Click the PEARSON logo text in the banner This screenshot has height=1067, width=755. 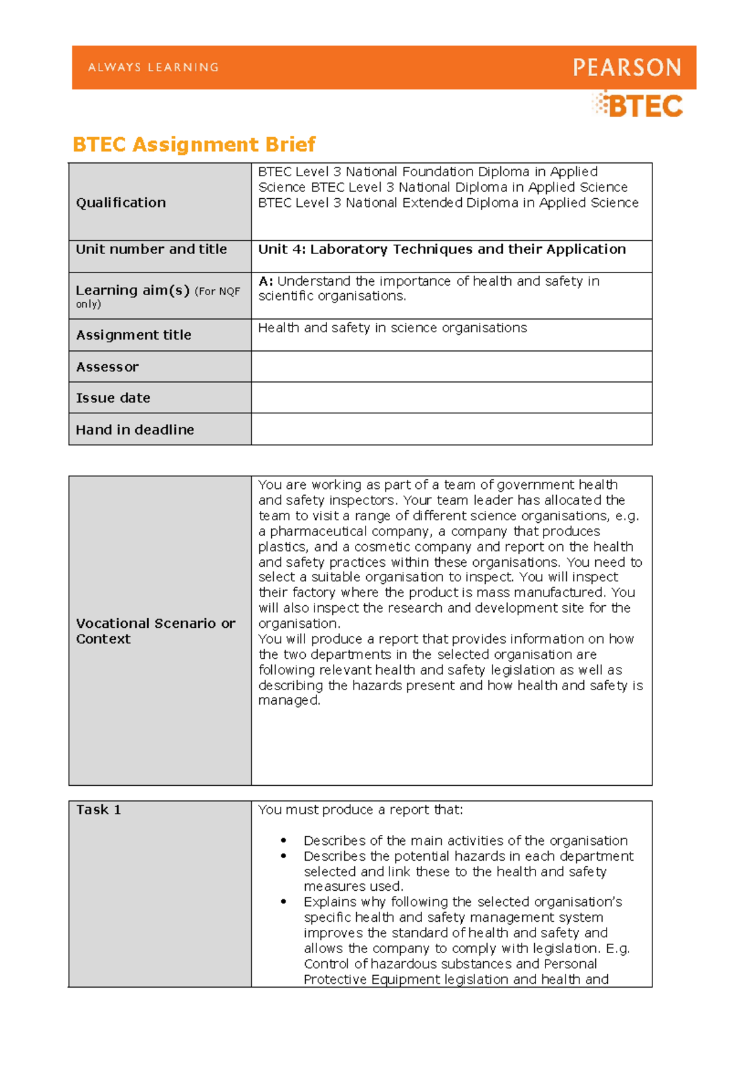[627, 67]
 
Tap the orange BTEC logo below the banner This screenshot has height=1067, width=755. [638, 105]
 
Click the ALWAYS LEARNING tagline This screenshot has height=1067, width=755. [154, 67]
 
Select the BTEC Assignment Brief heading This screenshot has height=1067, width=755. [194, 145]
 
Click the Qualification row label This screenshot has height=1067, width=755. [121, 203]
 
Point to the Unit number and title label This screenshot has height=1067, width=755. [151, 249]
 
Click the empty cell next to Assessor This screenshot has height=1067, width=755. [451, 367]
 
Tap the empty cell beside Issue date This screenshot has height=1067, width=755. [451, 398]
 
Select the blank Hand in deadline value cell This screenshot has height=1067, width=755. [451, 429]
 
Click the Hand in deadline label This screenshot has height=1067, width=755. [135, 430]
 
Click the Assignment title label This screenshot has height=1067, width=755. [133, 335]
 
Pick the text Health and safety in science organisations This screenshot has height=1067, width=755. [392, 328]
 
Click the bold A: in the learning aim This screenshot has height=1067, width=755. [266, 281]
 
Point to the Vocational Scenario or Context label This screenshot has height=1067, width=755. [155, 631]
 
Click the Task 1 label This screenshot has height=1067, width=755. [98, 810]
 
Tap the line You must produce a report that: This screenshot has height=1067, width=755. [360, 810]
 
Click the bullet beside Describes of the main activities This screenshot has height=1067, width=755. [284, 841]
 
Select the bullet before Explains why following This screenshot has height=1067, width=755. [284, 902]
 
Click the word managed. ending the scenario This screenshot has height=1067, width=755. [289, 700]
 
